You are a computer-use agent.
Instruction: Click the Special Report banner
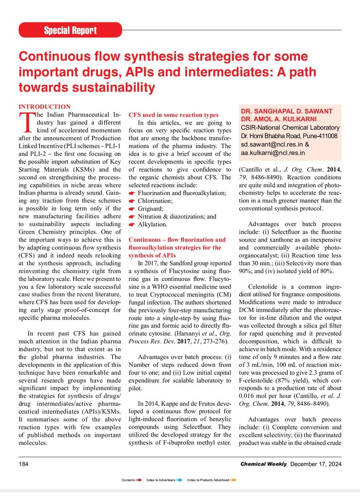70,30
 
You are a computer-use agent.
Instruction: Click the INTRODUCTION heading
45,107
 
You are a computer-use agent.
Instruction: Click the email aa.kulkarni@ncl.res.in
273,153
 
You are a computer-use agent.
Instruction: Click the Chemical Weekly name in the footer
263,464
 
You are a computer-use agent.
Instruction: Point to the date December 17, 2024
315,464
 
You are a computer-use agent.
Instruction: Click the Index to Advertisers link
161,480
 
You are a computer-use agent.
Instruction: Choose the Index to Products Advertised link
208,480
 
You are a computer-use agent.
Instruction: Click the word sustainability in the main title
108,87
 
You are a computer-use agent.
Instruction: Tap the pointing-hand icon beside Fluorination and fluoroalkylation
132,193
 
